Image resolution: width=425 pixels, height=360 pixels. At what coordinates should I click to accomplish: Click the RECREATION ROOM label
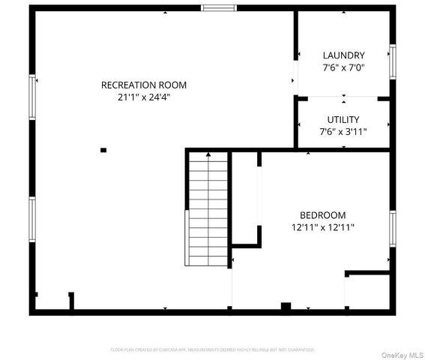click(x=144, y=85)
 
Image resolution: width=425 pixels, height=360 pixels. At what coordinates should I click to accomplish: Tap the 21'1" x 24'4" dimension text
click(x=144, y=97)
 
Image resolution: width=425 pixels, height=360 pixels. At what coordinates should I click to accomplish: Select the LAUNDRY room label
click(x=343, y=55)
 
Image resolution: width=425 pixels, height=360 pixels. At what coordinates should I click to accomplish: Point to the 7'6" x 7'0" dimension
click(x=343, y=67)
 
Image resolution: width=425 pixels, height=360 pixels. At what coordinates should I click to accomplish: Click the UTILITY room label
click(x=343, y=119)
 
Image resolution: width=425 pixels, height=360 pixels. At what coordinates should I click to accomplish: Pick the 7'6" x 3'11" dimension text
click(x=343, y=131)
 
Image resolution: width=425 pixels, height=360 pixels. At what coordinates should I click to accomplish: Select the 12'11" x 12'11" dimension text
click(x=323, y=226)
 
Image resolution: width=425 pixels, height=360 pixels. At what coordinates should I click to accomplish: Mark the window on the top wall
click(x=218, y=8)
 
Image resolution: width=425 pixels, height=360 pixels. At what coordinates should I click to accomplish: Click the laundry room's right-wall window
click(x=391, y=61)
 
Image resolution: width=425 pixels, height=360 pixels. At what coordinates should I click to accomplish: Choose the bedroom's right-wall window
click(x=391, y=228)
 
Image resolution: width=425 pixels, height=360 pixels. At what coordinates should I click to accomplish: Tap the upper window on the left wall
click(x=32, y=97)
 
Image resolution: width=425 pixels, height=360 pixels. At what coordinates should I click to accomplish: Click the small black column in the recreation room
click(x=103, y=150)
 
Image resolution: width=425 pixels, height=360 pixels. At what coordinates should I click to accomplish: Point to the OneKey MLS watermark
click(x=403, y=354)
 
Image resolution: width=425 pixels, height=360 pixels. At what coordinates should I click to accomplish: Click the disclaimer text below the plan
click(x=212, y=349)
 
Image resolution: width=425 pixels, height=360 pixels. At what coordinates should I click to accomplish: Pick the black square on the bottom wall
click(x=286, y=307)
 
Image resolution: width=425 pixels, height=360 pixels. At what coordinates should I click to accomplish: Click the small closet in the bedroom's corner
click(x=368, y=291)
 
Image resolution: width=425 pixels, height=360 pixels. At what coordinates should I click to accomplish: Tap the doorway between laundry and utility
click(x=343, y=97)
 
